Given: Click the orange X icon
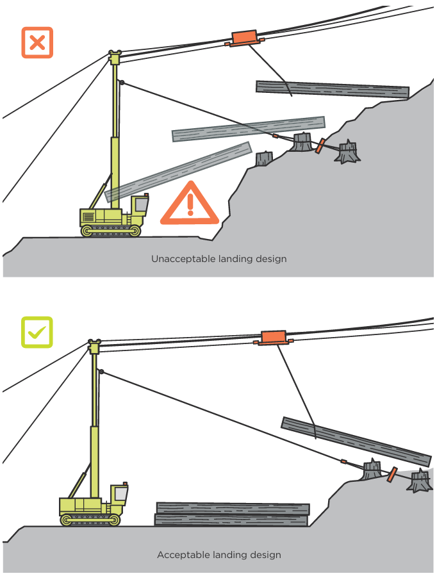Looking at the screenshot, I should [x=37, y=43].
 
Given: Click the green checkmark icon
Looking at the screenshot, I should [x=37, y=332].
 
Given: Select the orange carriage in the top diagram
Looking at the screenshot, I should [x=243, y=37].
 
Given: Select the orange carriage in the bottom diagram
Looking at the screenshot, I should [x=273, y=337].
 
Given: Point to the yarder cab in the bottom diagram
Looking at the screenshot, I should [x=119, y=495].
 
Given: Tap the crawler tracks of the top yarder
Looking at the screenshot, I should [x=111, y=230].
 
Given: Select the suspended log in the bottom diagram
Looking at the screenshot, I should [x=356, y=441].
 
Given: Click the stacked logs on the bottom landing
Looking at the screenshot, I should [x=232, y=514].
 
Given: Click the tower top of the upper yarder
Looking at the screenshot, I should [x=115, y=58].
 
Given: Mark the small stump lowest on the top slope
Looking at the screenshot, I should [x=263, y=159].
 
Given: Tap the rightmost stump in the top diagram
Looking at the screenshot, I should [x=348, y=153].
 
